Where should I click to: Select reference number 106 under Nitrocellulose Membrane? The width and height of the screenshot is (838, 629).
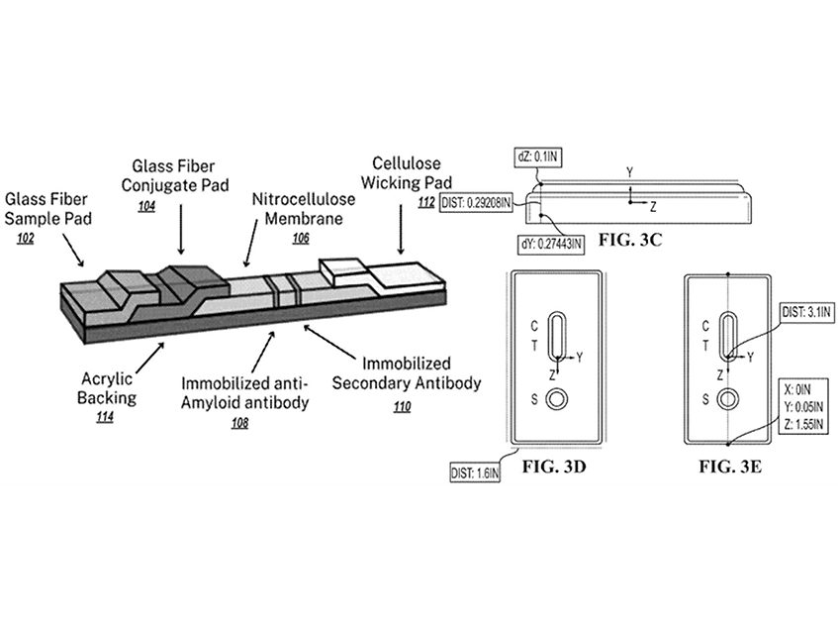tap(302, 238)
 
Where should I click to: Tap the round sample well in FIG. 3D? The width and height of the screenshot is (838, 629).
tap(558, 399)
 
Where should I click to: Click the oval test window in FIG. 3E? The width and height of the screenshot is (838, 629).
tap(729, 338)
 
